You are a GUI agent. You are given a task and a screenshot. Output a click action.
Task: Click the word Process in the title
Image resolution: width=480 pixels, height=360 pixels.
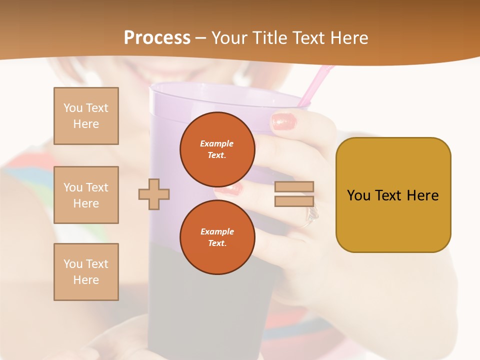coord(157,37)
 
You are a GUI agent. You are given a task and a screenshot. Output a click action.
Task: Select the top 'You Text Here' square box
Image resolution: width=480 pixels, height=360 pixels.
coord(86,116)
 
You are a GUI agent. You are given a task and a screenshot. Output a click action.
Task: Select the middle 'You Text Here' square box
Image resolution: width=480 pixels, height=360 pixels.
coord(86,195)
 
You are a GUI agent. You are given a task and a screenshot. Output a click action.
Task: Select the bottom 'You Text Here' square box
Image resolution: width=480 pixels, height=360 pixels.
coord(86,272)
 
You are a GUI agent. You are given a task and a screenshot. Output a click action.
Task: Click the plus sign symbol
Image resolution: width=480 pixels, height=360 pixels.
coord(154,194)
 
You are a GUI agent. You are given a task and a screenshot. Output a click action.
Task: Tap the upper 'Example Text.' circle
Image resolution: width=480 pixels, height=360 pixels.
coord(217,149)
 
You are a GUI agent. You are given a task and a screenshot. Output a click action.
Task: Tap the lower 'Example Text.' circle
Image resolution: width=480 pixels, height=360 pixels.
coord(217,237)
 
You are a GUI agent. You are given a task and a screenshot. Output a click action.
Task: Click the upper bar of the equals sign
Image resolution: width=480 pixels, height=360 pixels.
coord(294,186)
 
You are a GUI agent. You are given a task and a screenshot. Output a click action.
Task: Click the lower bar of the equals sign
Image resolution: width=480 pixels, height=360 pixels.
coord(294,201)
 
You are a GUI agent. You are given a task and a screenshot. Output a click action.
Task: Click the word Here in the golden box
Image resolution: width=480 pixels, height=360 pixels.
coord(422,195)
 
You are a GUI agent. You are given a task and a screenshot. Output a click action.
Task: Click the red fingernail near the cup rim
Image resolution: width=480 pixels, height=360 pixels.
coord(284,121)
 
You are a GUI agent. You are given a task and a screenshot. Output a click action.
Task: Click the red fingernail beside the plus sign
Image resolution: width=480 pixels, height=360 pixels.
coord(229,189)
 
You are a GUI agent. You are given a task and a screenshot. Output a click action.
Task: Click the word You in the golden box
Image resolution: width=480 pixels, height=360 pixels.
coord(358,195)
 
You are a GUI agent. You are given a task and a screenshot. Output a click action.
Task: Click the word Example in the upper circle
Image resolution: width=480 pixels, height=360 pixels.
coord(216,143)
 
